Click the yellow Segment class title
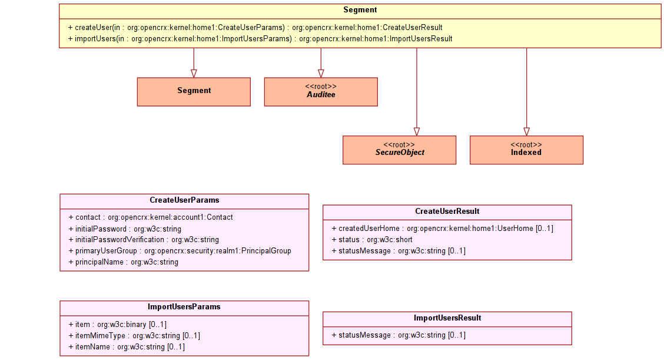[x=360, y=10]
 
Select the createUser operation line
[x=255, y=28]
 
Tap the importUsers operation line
[x=260, y=38]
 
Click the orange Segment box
[x=194, y=91]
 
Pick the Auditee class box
[x=321, y=91]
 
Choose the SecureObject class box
[x=399, y=150]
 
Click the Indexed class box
[x=526, y=150]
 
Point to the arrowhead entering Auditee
[x=321, y=74]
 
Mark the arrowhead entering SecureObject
[x=417, y=132]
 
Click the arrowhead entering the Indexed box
[x=527, y=132]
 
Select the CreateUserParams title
[x=185, y=200]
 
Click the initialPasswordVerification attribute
[x=144, y=240]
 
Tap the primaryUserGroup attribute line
[x=180, y=250]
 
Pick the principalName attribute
[x=123, y=262]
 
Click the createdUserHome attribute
[x=443, y=229]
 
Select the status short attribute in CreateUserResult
[x=372, y=240]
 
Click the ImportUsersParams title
[x=184, y=306]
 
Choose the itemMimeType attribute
[x=134, y=335]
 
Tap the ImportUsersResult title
[x=447, y=318]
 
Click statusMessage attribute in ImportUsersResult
[x=399, y=335]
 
